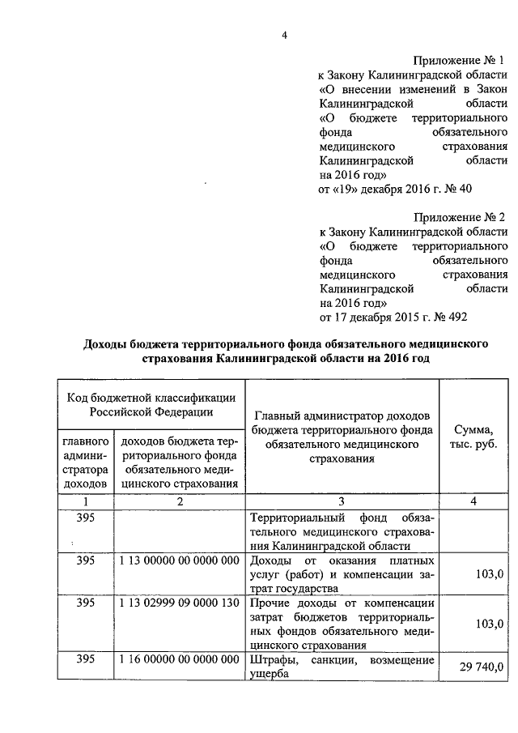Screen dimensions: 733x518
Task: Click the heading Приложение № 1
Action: pos(459,61)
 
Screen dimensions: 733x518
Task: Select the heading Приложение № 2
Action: pos(459,218)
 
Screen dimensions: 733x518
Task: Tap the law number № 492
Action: pos(452,317)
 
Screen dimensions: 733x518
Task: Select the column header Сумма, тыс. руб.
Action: pos(473,438)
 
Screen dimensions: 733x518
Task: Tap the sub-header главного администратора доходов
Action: pos(86,462)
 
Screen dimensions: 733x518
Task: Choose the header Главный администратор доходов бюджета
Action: pos(345,437)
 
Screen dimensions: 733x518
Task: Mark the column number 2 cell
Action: pos(180,502)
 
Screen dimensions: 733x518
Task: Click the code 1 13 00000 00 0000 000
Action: pos(180,560)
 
